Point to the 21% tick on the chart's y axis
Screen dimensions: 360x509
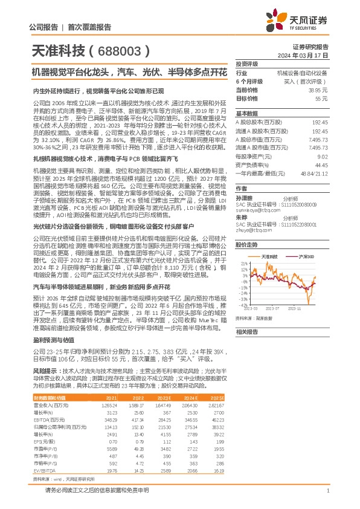(243, 263)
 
